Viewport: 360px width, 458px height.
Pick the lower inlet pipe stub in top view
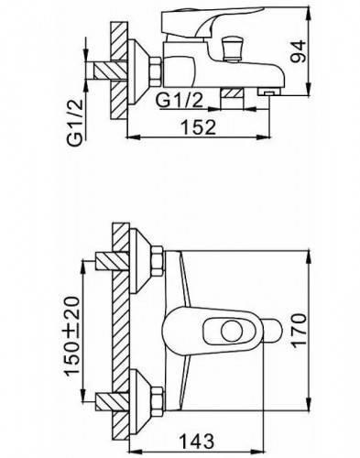tap(104, 395)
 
